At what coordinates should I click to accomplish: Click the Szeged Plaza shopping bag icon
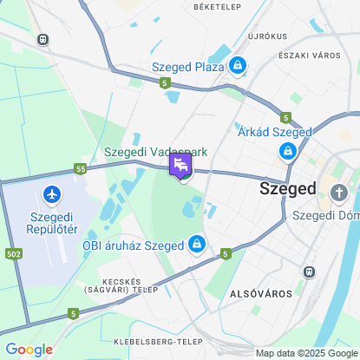238,65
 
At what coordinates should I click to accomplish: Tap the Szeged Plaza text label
187,66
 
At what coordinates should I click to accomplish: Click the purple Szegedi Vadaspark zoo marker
181,165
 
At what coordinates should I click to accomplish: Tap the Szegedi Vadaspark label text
155,152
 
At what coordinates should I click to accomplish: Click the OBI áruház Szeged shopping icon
198,245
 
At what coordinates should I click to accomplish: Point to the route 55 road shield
81,168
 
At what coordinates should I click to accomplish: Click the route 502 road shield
12,253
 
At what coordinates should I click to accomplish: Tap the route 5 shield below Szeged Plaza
165,82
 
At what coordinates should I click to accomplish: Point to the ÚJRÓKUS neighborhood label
267,36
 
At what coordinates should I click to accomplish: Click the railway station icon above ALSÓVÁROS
308,271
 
